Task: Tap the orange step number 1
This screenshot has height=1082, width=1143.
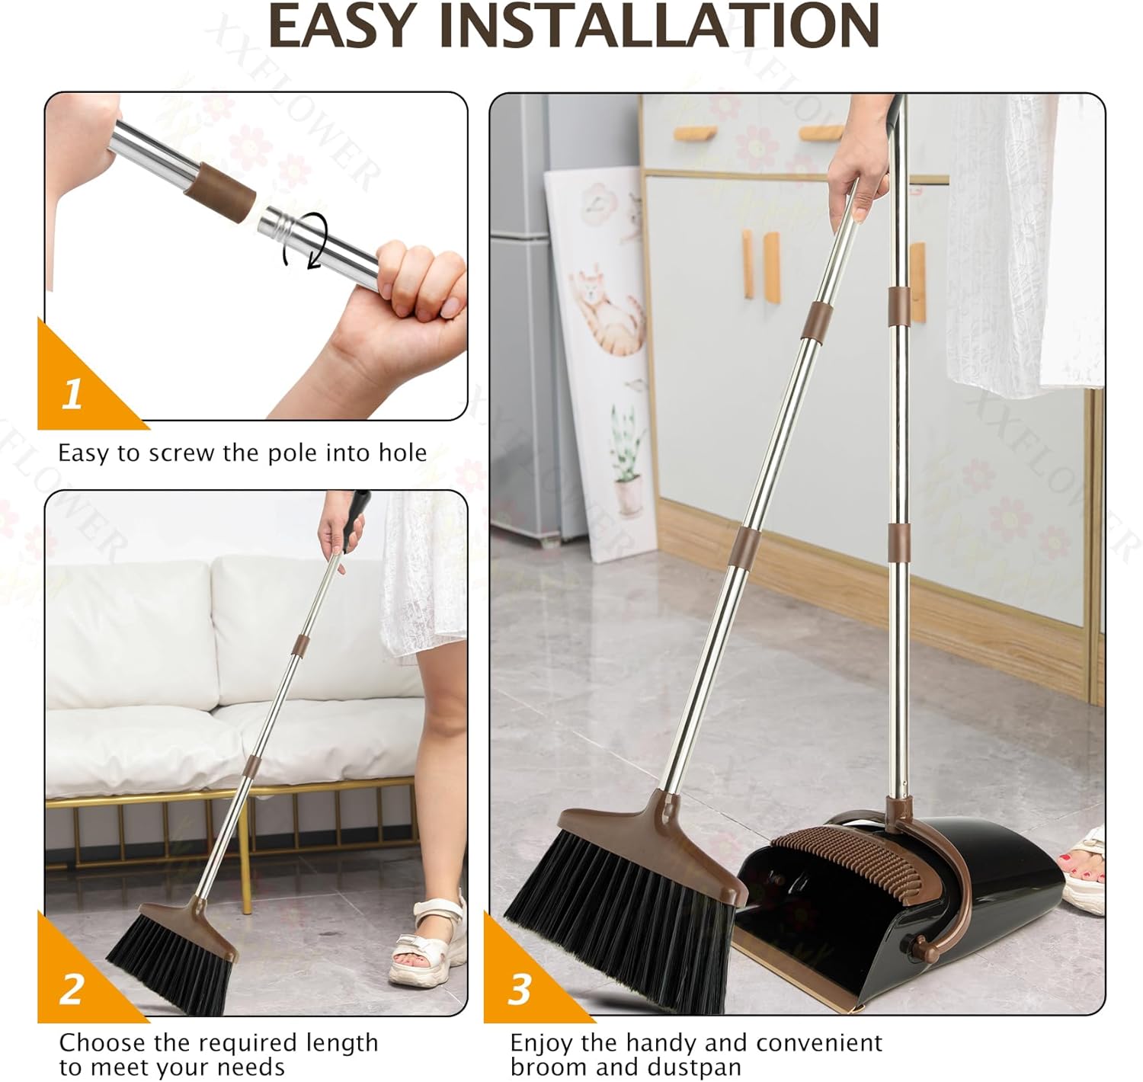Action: point(72,394)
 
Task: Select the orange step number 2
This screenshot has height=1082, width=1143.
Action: point(72,988)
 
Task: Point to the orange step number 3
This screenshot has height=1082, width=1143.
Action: point(519,989)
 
